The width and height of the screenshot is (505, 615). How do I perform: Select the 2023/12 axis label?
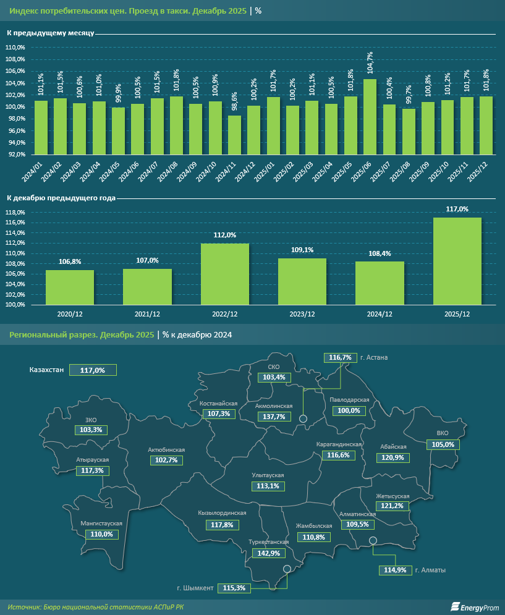(302, 315)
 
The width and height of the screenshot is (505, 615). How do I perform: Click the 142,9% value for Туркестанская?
(266, 553)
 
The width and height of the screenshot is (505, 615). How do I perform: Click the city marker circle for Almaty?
(373, 541)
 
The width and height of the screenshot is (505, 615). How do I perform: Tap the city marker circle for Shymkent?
(287, 569)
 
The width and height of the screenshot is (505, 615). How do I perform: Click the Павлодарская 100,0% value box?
(349, 410)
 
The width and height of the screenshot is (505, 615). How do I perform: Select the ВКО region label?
(442, 433)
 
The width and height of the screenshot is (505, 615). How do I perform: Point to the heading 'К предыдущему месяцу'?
(50, 33)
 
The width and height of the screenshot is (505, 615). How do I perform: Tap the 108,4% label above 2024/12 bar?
(380, 253)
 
